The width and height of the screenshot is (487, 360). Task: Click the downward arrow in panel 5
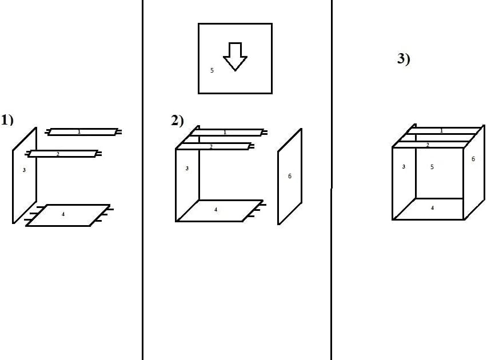point(235,57)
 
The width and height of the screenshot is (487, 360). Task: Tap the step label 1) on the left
point(7,120)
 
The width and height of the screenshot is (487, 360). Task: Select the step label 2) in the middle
point(177,121)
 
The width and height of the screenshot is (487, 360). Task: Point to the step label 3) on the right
point(404,59)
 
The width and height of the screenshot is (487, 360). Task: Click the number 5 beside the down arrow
point(212,70)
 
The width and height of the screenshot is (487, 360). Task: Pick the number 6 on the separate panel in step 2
point(290,176)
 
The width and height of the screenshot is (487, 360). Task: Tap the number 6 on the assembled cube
point(473,159)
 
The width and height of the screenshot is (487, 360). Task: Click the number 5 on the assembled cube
point(432,167)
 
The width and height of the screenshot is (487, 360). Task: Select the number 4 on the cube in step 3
point(432,208)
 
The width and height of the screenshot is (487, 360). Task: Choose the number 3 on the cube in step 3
point(404,166)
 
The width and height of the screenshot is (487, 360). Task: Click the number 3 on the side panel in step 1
point(24,170)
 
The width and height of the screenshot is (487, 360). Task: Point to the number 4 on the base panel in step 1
point(63,214)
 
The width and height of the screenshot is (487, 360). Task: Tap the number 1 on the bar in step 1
point(79,131)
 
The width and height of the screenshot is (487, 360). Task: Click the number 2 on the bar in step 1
point(58,154)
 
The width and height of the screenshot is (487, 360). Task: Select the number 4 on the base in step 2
point(216,210)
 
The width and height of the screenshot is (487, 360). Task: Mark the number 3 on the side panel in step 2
point(187,169)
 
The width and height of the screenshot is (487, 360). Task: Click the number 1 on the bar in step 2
point(225,133)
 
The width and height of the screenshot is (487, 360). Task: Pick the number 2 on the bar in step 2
point(211,146)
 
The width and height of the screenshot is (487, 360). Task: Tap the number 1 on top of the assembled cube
point(442,130)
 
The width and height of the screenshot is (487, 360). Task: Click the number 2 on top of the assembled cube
point(428,145)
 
